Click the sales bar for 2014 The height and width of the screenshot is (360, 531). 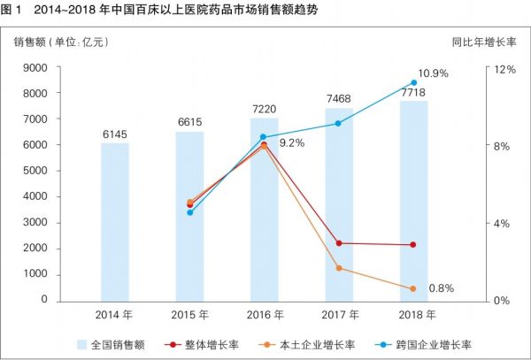pyautogui.click(x=115, y=221)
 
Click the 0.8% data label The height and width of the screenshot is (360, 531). pyautogui.click(x=441, y=288)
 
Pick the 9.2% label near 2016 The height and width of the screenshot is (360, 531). pyautogui.click(x=292, y=142)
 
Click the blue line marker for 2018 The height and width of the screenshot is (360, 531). pyautogui.click(x=413, y=82)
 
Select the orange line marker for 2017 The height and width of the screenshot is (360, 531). pyautogui.click(x=339, y=268)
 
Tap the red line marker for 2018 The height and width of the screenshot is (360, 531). pyautogui.click(x=413, y=245)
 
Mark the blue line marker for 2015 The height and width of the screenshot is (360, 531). pyautogui.click(x=189, y=212)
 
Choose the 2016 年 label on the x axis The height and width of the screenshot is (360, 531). pyautogui.click(x=264, y=315)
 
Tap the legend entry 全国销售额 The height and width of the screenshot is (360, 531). pyautogui.click(x=115, y=344)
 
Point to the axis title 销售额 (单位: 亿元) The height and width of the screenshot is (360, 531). pyautogui.click(x=60, y=41)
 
